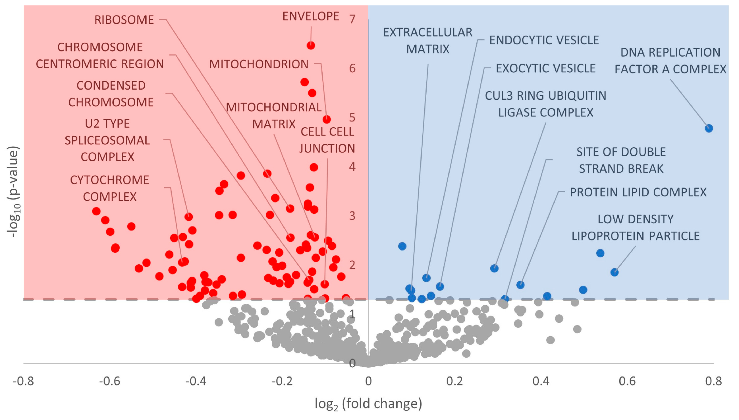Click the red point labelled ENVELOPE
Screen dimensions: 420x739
pos(311,45)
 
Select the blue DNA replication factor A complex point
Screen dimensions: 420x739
pos(709,128)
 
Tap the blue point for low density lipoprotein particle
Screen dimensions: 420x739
pos(614,272)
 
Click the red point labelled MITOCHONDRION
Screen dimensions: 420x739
pos(326,119)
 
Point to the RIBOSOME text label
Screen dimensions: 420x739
pos(124,20)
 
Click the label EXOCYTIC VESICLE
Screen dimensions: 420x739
pos(545,68)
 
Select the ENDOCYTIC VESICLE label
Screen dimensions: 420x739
pos(544,40)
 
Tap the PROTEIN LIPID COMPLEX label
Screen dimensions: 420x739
pos(638,192)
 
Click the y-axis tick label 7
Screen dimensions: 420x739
pos(352,19)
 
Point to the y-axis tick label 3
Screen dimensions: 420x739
pos(352,216)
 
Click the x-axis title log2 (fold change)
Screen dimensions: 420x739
pos(368,403)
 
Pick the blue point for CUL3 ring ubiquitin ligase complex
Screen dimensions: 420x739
pos(494,268)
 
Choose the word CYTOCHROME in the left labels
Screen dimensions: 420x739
pos(109,180)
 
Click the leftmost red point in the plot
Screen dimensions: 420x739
pos(96,211)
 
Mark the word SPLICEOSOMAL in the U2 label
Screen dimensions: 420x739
pos(107,141)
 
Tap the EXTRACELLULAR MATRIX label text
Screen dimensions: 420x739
pos(427,40)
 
